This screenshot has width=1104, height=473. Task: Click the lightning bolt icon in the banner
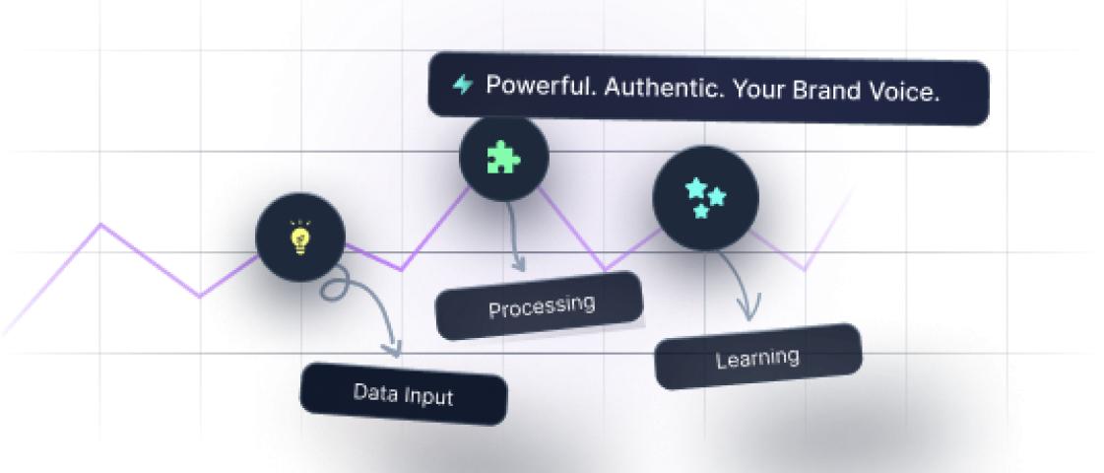tap(462, 85)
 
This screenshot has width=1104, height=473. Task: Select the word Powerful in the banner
tap(538, 86)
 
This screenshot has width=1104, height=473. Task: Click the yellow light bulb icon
tap(299, 237)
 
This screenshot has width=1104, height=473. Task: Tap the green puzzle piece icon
tap(504, 158)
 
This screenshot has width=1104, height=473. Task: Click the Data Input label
tap(404, 394)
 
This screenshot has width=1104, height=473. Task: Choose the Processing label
tap(541, 305)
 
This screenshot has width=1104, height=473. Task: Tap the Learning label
tap(757, 357)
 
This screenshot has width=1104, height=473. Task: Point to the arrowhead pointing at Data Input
tap(395, 349)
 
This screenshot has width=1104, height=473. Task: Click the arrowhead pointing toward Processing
tap(519, 265)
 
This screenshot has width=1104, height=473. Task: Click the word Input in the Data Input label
tap(428, 396)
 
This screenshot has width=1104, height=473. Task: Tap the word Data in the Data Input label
tap(375, 391)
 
